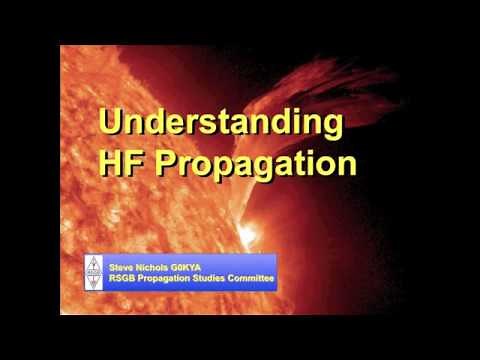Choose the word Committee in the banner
pyautogui.click(x=255, y=279)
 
